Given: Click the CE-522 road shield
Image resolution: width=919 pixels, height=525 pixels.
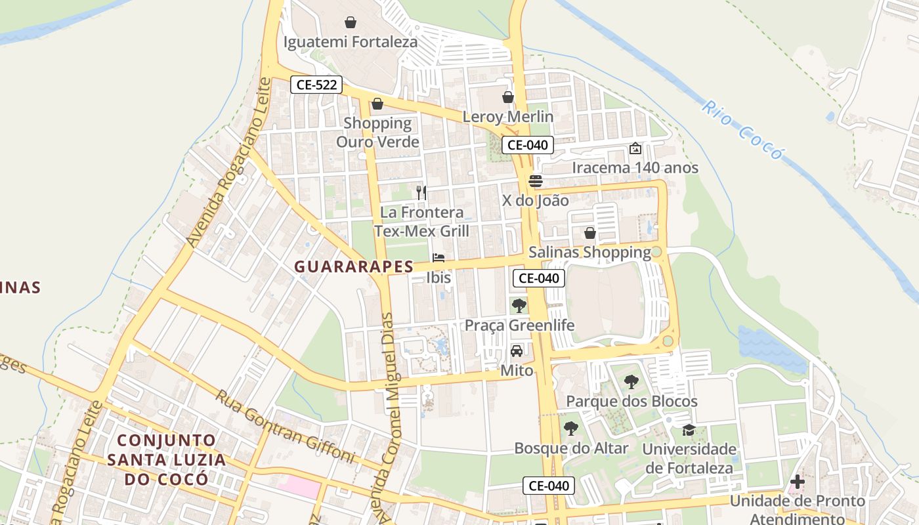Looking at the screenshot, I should click(x=316, y=84).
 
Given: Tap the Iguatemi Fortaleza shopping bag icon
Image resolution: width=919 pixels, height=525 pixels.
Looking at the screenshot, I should click(x=351, y=22).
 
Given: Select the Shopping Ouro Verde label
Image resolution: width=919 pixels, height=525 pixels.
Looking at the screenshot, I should click(x=377, y=132).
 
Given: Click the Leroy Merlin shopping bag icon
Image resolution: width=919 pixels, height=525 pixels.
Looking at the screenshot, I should click(x=507, y=97).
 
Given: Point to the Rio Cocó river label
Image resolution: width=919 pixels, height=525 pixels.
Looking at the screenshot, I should click(x=742, y=130).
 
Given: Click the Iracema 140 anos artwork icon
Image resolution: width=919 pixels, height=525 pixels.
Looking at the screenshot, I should click(x=635, y=148).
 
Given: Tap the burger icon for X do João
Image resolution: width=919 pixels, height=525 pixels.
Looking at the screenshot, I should click(x=536, y=181).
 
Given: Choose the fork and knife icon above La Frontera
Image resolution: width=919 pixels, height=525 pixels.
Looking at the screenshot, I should click(x=421, y=192).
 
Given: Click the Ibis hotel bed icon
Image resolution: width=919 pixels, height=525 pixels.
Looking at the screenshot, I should click(x=438, y=258).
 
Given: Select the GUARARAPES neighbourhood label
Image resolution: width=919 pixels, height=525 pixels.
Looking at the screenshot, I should click(x=354, y=266).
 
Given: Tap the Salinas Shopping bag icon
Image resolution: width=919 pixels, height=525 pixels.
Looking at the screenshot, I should click(x=589, y=233).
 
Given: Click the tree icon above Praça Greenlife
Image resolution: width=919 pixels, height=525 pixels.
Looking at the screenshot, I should click(x=519, y=305).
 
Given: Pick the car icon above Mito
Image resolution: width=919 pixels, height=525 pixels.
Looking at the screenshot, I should click(x=517, y=351).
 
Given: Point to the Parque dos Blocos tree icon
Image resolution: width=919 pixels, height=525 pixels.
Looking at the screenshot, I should click(x=631, y=381).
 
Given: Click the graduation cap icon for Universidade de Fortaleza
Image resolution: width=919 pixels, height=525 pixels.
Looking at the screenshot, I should click(x=689, y=430).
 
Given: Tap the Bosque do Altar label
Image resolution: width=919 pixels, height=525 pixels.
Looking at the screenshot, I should click(x=571, y=448).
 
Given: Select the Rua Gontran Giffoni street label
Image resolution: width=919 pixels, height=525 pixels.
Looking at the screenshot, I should click(x=286, y=427).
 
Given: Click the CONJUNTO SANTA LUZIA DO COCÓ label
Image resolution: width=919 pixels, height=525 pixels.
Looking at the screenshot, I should click(x=166, y=459).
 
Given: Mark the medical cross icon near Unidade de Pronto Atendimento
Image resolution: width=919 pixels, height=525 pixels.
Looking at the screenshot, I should click(x=797, y=482).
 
